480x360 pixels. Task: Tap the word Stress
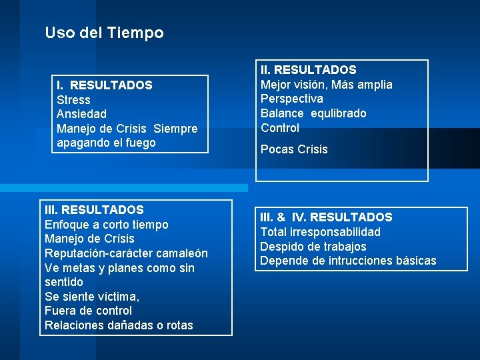point(73,100)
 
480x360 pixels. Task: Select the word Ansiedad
point(81,114)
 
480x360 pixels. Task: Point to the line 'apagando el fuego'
point(106,143)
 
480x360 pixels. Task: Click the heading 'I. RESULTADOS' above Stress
point(104,85)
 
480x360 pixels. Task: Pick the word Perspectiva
point(291,99)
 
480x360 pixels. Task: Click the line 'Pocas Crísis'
point(294,149)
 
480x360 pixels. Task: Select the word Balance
point(281,113)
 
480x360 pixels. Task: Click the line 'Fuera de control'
point(88,311)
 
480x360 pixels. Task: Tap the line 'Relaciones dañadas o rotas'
point(119,325)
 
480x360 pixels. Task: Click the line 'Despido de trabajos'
point(313,247)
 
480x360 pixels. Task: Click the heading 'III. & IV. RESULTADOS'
point(326,217)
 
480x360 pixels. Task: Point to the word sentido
point(63,282)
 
